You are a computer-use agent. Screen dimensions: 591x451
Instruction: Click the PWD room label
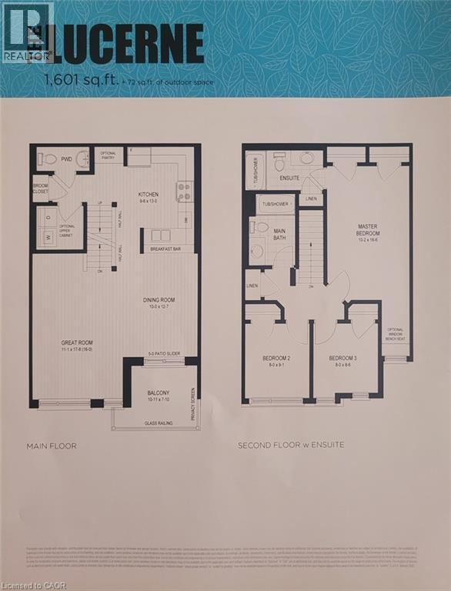pyautogui.click(x=67, y=159)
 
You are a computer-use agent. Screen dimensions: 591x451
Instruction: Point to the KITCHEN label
pyautogui.click(x=149, y=194)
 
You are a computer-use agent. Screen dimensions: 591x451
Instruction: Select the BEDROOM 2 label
pyautogui.click(x=276, y=359)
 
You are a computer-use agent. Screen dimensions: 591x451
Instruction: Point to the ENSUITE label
pyautogui.click(x=290, y=178)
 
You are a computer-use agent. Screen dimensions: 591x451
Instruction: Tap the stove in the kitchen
pyautogui.click(x=184, y=192)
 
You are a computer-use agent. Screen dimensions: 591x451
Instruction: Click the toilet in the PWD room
pyautogui.click(x=50, y=159)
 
